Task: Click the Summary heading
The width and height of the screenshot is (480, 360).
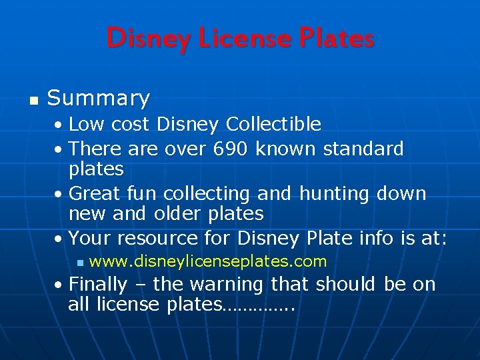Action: pyautogui.click(x=99, y=99)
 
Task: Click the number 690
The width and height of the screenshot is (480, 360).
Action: pyautogui.click(x=232, y=148)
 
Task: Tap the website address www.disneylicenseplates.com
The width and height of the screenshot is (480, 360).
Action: pyautogui.click(x=207, y=261)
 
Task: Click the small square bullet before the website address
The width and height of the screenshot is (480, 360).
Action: pyautogui.click(x=79, y=262)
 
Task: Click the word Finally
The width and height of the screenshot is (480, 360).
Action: pyautogui.click(x=98, y=284)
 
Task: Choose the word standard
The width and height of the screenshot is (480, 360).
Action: pyautogui.click(x=363, y=148)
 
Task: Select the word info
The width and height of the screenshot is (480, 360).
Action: pyautogui.click(x=394, y=238)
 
